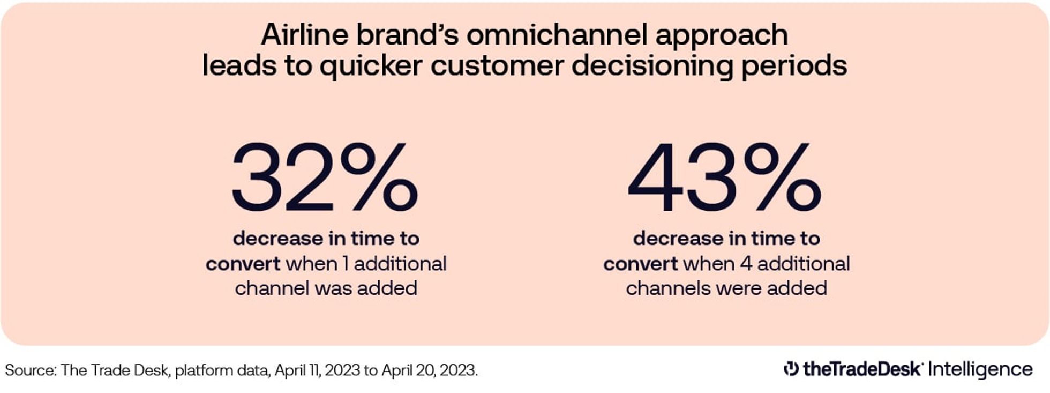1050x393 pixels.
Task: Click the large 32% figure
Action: tap(325, 176)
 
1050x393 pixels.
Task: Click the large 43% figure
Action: tap(724, 176)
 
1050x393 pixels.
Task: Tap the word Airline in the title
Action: tap(304, 35)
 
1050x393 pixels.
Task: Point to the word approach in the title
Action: tap(721, 36)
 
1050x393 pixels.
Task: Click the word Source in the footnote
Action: tap(29, 370)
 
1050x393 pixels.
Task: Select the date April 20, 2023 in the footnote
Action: tap(429, 370)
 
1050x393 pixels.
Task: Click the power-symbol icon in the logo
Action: tap(791, 369)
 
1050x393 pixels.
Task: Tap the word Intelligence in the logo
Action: tap(980, 369)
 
